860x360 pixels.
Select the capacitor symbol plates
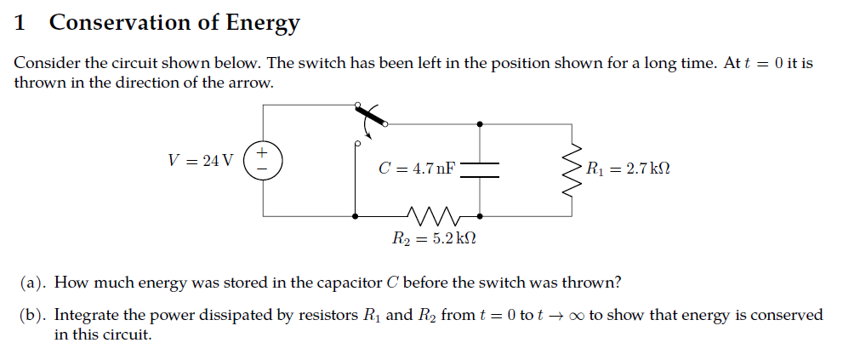coord(481,169)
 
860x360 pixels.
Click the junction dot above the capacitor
coord(481,124)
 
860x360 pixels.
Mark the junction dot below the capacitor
coord(481,215)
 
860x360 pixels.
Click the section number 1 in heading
coord(20,23)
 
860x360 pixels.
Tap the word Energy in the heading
coord(263,23)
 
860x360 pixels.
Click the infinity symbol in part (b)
coord(575,316)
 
